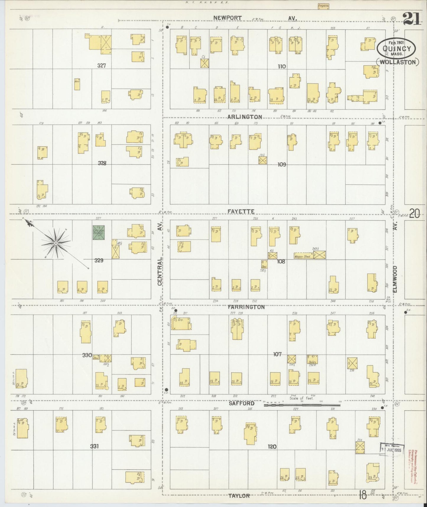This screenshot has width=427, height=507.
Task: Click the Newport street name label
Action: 228,18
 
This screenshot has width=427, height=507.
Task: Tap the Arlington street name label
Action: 245,117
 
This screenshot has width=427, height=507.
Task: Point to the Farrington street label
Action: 246,307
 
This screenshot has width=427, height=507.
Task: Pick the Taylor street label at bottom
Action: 239,495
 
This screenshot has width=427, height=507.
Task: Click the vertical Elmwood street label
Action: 395,279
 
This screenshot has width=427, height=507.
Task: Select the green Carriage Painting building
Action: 98,232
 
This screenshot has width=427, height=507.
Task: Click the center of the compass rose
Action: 55,243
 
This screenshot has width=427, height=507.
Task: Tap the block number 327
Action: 102,66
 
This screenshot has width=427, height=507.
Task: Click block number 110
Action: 282,67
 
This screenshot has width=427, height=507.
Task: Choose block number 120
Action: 272,447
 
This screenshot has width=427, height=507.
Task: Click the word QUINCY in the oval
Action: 397,49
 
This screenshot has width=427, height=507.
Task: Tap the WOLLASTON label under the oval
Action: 398,62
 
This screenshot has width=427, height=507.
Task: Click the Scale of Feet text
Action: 301,398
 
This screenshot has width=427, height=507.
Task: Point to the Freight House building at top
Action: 324,6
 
